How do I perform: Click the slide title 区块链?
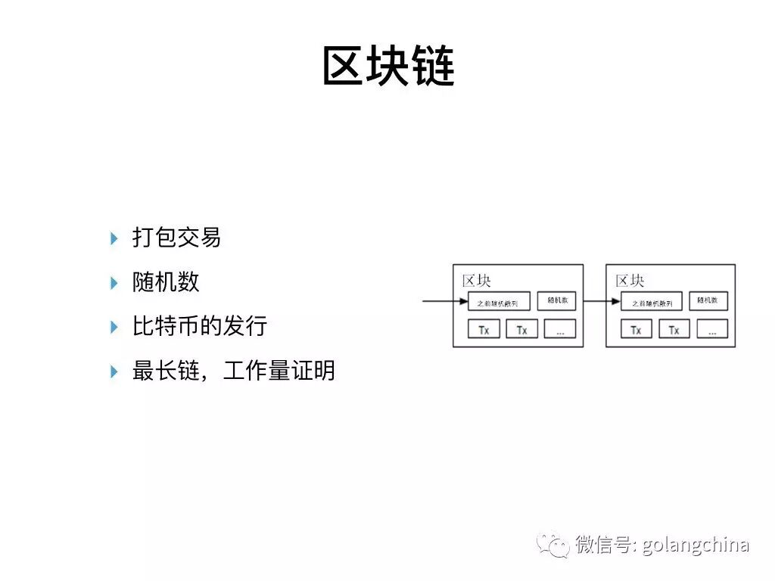[x=388, y=66]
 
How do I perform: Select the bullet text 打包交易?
[x=176, y=238]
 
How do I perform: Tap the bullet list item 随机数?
[x=166, y=282]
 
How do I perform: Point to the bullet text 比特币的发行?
[x=200, y=327]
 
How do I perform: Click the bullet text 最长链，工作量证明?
[x=233, y=371]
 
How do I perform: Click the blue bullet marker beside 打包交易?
[x=114, y=238]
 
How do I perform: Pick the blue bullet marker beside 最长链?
[x=114, y=371]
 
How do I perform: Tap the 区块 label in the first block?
[x=477, y=281]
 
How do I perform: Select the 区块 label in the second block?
[x=630, y=281]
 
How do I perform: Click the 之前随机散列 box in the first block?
[x=499, y=302]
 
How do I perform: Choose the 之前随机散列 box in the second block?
[x=652, y=302]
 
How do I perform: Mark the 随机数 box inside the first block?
[x=556, y=300]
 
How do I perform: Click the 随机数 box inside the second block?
[x=708, y=300]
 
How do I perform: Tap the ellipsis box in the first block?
[x=560, y=329]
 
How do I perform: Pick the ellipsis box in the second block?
[x=712, y=329]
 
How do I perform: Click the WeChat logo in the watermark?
[x=553, y=544]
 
